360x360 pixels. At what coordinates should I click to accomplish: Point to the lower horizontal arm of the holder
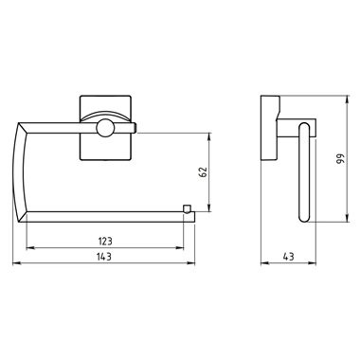tap(104, 215)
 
